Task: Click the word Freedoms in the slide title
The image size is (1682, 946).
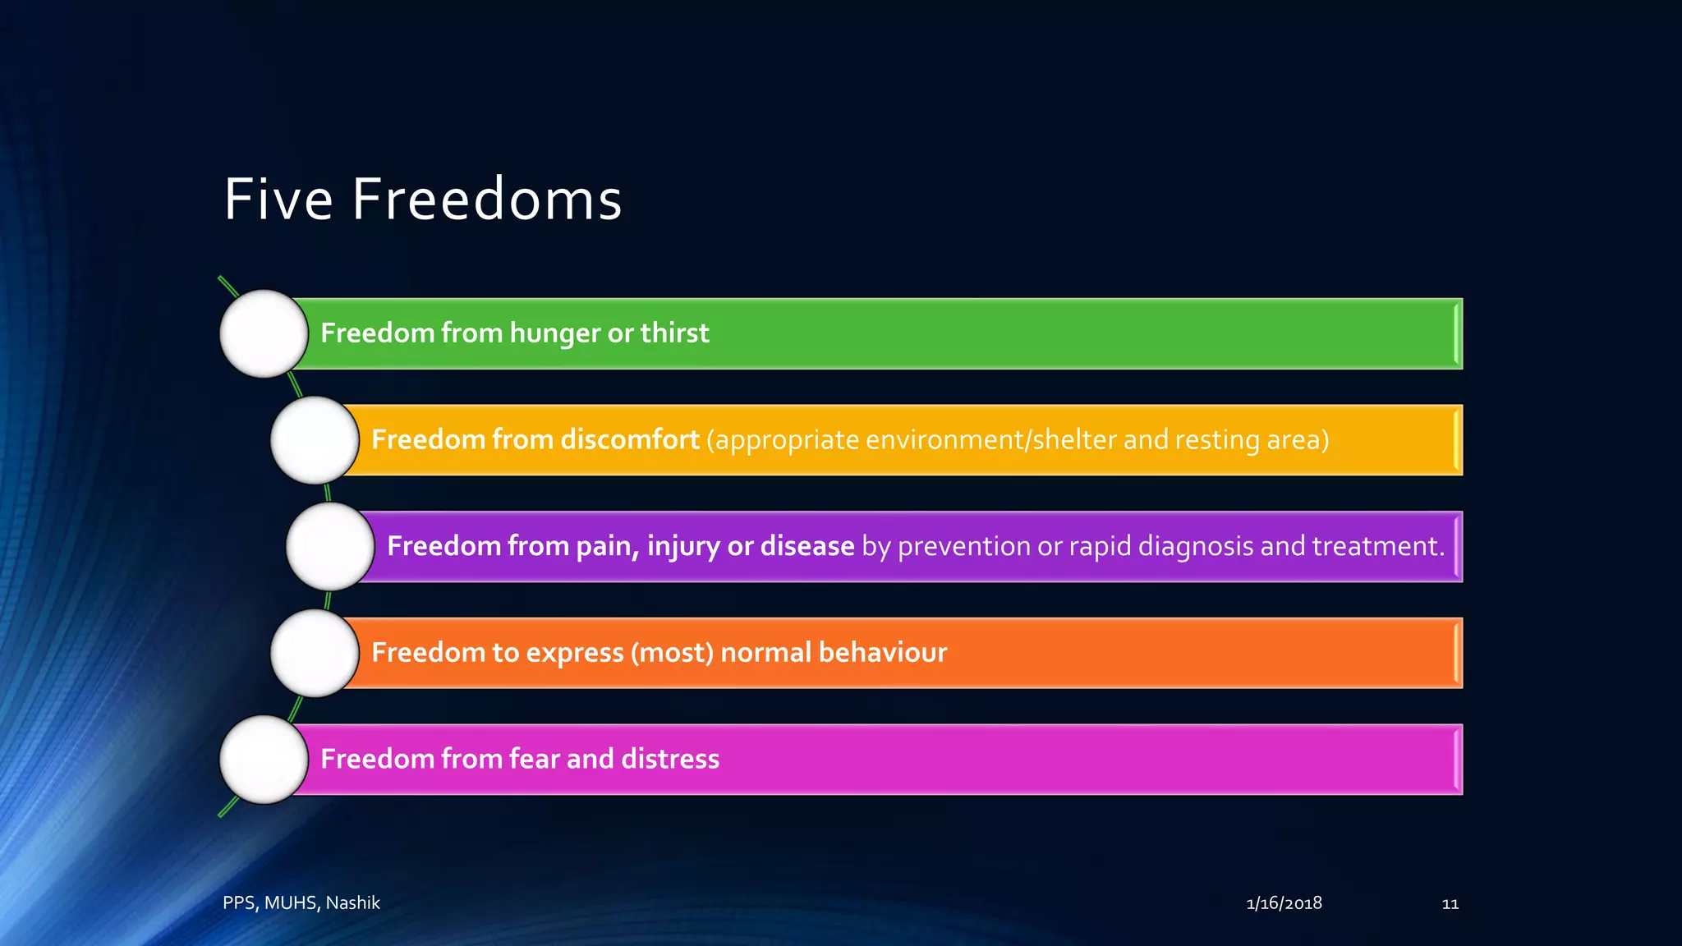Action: (x=487, y=200)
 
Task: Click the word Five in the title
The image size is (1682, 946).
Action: (x=278, y=200)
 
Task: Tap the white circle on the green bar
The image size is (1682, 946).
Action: (x=264, y=333)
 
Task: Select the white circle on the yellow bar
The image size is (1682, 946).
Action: (x=315, y=440)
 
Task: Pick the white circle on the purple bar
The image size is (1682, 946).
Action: (x=330, y=546)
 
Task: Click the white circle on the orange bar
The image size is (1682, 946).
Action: (x=315, y=653)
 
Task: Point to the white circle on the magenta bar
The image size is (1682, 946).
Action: (x=264, y=760)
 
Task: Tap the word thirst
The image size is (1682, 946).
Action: (x=674, y=333)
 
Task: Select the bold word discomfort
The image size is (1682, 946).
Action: (x=630, y=439)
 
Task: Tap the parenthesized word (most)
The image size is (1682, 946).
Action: (x=672, y=653)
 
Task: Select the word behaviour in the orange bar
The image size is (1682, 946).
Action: (x=882, y=652)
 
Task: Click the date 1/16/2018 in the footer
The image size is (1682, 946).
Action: (x=1284, y=903)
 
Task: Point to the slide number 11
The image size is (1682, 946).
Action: (x=1450, y=904)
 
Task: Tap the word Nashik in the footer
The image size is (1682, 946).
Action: (x=352, y=902)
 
